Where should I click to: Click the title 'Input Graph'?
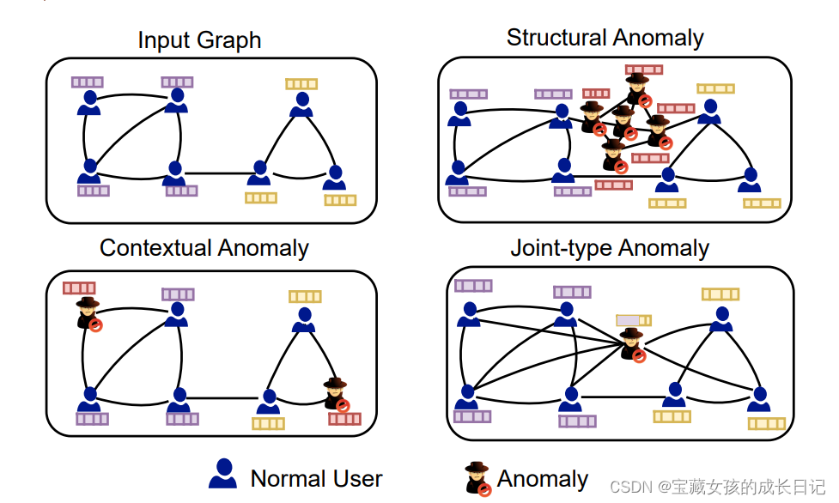click(x=199, y=40)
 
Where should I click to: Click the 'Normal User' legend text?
click(x=316, y=478)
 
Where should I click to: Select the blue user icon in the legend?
click(x=222, y=474)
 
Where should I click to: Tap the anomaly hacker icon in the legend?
click(x=478, y=478)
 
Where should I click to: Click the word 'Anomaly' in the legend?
click(x=543, y=478)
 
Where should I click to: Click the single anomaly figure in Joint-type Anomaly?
click(x=632, y=344)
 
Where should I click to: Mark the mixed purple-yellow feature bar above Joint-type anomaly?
click(x=633, y=320)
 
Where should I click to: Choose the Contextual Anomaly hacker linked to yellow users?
click(x=336, y=393)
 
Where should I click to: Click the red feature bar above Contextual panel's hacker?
click(x=79, y=288)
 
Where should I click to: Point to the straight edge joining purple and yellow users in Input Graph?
click(x=216, y=173)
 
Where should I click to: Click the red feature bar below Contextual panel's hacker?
click(x=344, y=419)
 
